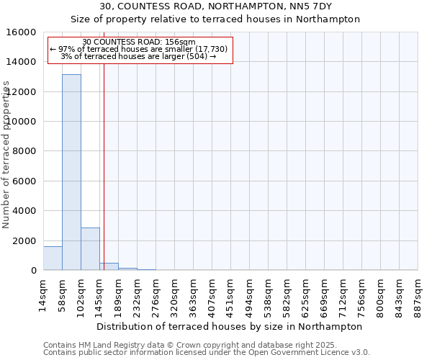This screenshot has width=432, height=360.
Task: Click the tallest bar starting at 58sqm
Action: pyautogui.click(x=71, y=173)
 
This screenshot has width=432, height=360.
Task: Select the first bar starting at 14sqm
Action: pyautogui.click(x=53, y=258)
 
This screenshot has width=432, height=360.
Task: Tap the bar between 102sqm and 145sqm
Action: pyautogui.click(x=90, y=249)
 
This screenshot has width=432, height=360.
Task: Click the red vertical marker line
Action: pyautogui.click(x=104, y=166)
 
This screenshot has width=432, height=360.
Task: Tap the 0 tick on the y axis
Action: pyautogui.click(x=34, y=271)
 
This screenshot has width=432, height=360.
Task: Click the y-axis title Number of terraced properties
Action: pyautogui.click(x=7, y=155)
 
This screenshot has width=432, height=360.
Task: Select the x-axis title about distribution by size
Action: pyautogui.click(x=230, y=326)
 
